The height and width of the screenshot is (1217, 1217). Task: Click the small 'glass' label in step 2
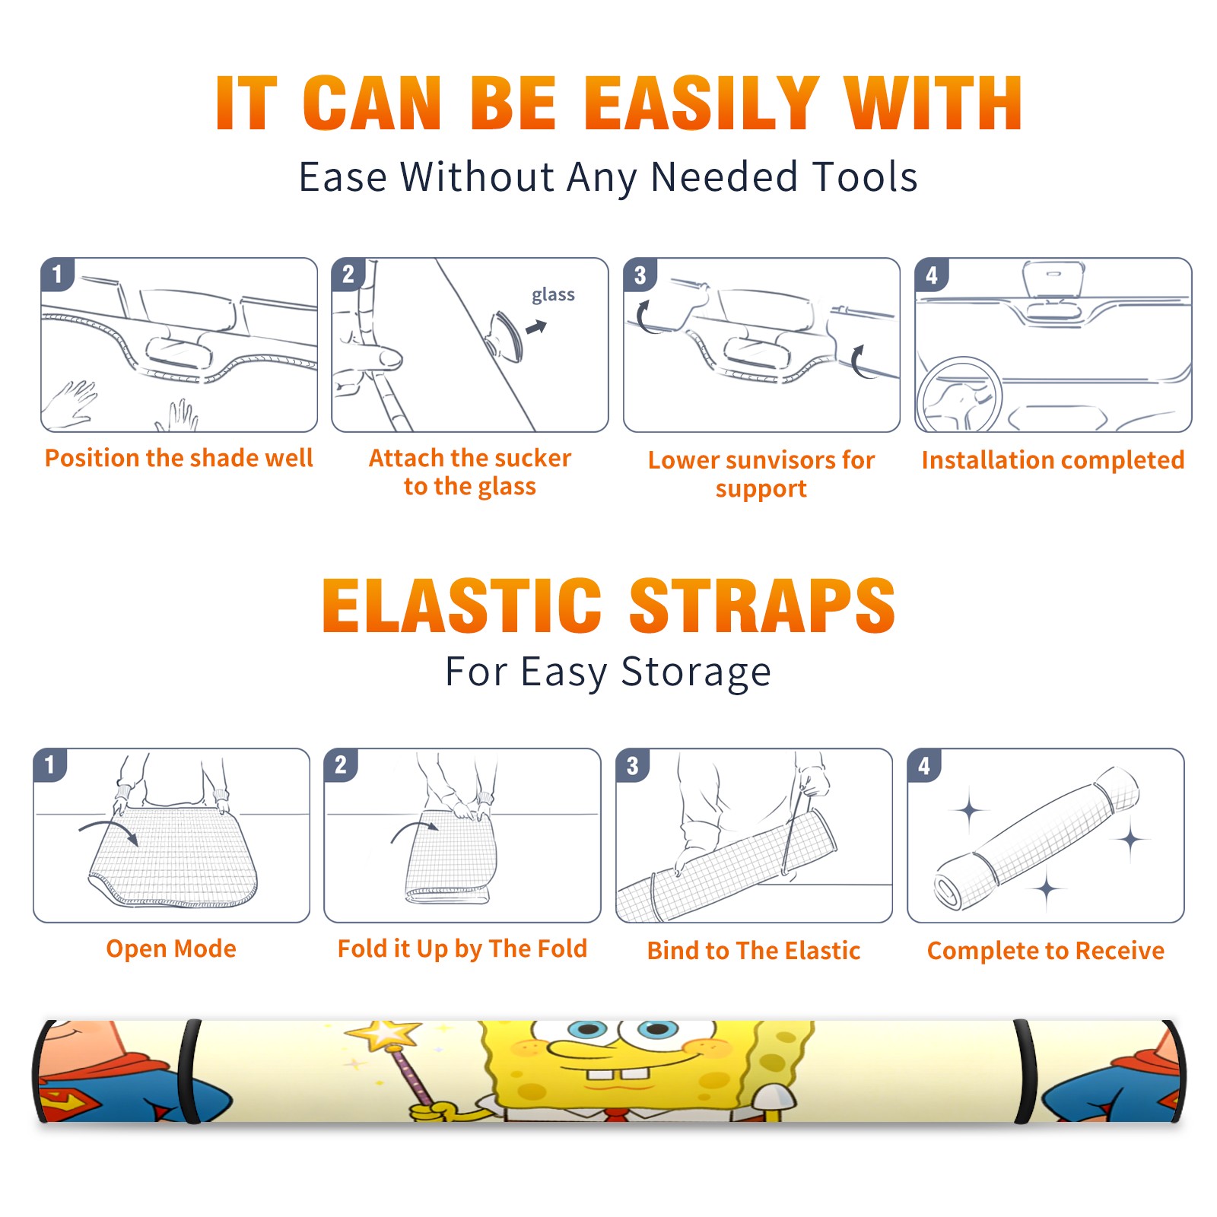tap(553, 295)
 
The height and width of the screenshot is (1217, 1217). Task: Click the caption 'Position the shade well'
tap(179, 458)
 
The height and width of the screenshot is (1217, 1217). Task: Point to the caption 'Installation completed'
tap(1053, 460)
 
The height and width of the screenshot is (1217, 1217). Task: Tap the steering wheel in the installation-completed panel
tap(959, 396)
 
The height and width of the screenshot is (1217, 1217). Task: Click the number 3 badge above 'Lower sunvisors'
tap(640, 275)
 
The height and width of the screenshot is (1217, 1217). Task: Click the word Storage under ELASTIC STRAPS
tap(696, 672)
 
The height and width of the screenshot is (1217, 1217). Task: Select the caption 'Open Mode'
tap(171, 949)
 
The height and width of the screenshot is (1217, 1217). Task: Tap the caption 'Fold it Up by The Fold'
tap(462, 949)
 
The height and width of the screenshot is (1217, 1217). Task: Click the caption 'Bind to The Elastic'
tap(754, 951)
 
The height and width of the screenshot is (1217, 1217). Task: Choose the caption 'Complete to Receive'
tap(1046, 952)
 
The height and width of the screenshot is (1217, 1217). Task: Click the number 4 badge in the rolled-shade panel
tap(924, 766)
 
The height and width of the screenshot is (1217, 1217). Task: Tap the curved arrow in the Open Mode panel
tap(108, 829)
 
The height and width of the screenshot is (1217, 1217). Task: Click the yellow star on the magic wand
tap(383, 1034)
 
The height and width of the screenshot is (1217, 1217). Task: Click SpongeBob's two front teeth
tap(618, 1074)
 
